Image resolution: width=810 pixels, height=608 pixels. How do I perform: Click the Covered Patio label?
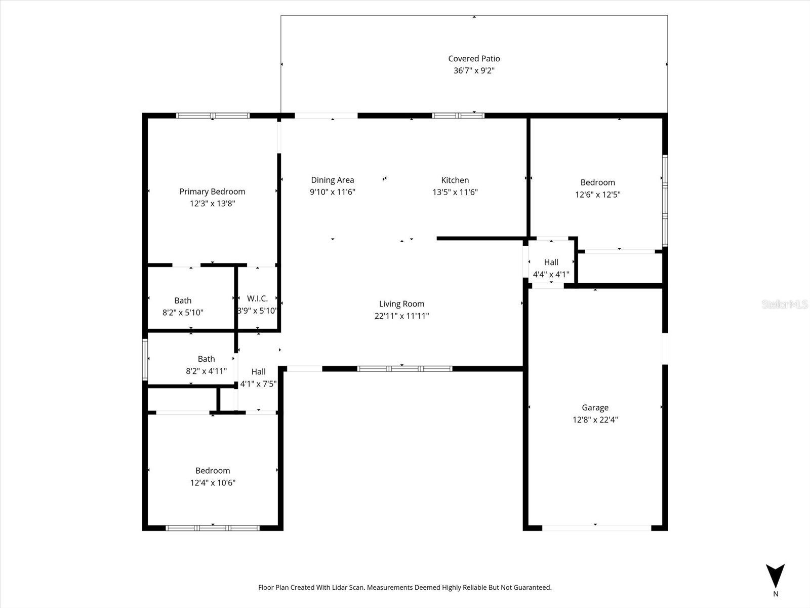(474, 59)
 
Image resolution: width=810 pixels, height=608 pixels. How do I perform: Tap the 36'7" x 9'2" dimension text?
(474, 71)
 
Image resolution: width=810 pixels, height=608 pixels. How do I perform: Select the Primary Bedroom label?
(212, 192)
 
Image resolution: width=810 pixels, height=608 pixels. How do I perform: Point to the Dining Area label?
(332, 180)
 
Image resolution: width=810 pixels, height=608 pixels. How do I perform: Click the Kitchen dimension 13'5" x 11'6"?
(455, 192)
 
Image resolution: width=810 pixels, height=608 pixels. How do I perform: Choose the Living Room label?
(401, 304)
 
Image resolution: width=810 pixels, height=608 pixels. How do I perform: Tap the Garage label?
(595, 407)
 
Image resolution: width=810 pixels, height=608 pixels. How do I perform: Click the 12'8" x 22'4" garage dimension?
(595, 420)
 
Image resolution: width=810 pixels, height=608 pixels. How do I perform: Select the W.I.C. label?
(257, 299)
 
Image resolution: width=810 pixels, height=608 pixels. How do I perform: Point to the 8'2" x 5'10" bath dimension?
(183, 313)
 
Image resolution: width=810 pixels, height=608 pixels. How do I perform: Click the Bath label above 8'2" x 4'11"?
(206, 359)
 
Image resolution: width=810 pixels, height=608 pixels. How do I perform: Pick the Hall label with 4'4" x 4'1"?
(551, 262)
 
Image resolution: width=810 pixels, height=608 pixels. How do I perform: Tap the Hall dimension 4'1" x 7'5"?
(258, 384)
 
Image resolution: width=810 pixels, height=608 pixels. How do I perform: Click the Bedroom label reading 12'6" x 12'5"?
(597, 182)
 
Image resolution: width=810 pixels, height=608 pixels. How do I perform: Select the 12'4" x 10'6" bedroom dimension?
(213, 483)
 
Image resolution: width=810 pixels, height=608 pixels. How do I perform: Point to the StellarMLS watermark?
(785, 304)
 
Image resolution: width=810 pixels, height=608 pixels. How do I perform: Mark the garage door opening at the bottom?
(596, 528)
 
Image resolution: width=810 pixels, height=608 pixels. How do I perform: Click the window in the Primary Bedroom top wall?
(213, 116)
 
